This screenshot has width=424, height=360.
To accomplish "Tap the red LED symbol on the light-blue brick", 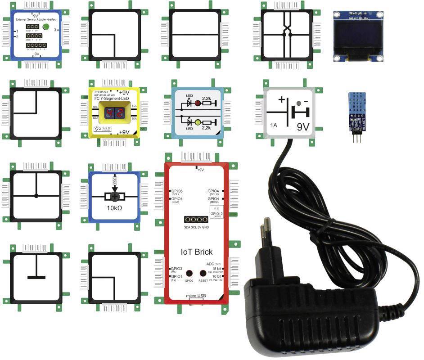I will pyautogui.click(x=197, y=103).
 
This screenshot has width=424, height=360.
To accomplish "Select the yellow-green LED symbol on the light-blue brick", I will pyautogui.click(x=197, y=122).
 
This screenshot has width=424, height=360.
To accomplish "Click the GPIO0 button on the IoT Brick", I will pyautogui.click(x=189, y=273).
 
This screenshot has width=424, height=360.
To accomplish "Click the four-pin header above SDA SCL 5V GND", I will pyautogui.click(x=196, y=220).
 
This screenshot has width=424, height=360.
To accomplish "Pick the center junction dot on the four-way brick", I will pyautogui.click(x=36, y=195).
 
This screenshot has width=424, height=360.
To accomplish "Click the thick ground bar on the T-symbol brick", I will pyautogui.click(x=36, y=277).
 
